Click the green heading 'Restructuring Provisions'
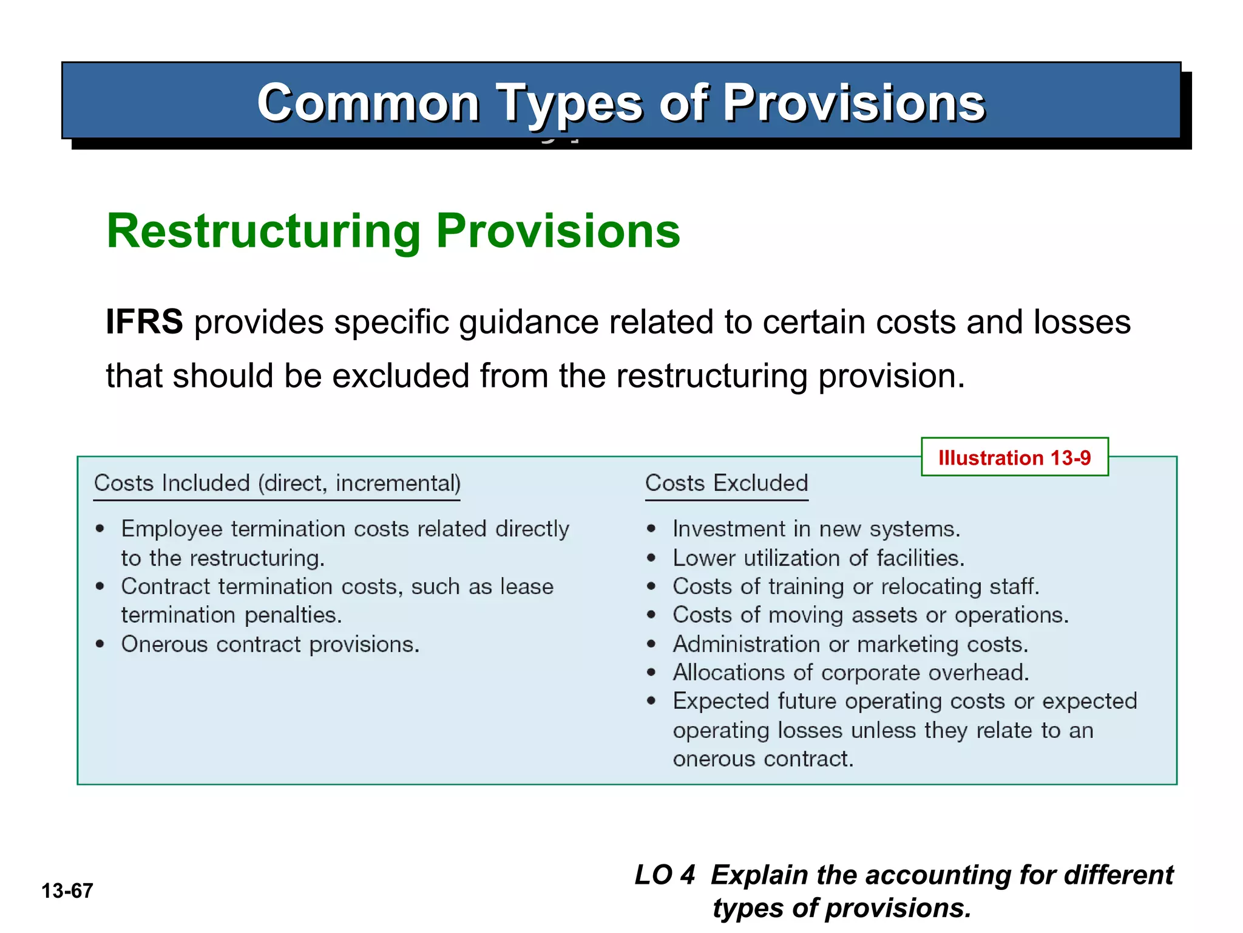pyautogui.click(x=393, y=231)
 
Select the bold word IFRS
pyautogui.click(x=144, y=322)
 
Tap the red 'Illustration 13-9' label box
pyautogui.click(x=1014, y=457)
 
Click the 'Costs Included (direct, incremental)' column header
pyautogui.click(x=277, y=484)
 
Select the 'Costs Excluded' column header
pyautogui.click(x=726, y=484)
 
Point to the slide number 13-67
pyautogui.click(x=67, y=891)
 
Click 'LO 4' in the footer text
pyautogui.click(x=664, y=875)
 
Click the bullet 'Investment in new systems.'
pyautogui.click(x=816, y=529)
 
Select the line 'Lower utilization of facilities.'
pyautogui.click(x=818, y=558)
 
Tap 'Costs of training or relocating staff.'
pyautogui.click(x=856, y=587)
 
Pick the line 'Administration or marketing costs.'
pyautogui.click(x=850, y=644)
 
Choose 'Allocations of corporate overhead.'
pyautogui.click(x=851, y=673)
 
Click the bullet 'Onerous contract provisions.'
pyautogui.click(x=270, y=644)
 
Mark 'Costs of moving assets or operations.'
pyautogui.click(x=870, y=615)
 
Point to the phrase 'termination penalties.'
pyautogui.click(x=231, y=615)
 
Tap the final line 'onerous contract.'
pyautogui.click(x=763, y=759)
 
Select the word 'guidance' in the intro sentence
pyautogui.click(x=529, y=323)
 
